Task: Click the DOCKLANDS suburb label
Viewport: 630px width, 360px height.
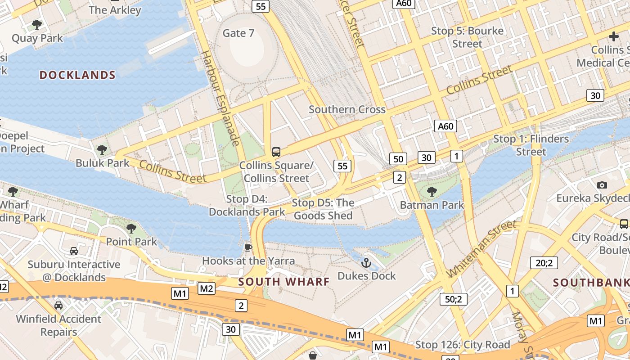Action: tap(77, 75)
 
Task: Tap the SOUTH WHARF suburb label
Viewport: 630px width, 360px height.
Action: tap(284, 282)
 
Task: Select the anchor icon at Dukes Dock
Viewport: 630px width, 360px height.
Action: tap(366, 262)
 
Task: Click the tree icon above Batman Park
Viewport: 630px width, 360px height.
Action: tap(432, 192)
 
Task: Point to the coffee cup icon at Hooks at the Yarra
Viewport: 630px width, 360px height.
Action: tap(248, 247)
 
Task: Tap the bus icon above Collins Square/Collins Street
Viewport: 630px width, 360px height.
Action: tap(276, 152)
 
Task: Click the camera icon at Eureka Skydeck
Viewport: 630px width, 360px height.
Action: tap(602, 185)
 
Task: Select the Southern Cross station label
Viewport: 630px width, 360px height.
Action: tap(347, 109)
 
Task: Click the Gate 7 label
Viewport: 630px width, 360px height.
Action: tap(238, 33)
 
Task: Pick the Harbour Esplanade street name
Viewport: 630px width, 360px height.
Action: tap(219, 98)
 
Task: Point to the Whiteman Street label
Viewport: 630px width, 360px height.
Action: tap(481, 249)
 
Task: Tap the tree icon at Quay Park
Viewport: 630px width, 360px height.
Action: tap(37, 24)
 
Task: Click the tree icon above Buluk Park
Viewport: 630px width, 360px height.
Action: tap(102, 149)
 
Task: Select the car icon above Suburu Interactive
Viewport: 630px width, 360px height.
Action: tap(74, 251)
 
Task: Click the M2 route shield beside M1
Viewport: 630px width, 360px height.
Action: tap(207, 288)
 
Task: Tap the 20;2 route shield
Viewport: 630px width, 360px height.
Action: tap(544, 263)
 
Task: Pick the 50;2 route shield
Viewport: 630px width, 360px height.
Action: tap(453, 299)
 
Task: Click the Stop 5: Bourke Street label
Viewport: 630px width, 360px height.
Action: tap(467, 37)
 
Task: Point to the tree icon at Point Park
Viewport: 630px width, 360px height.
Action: tap(131, 229)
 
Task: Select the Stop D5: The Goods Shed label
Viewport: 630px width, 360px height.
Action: tap(323, 209)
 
